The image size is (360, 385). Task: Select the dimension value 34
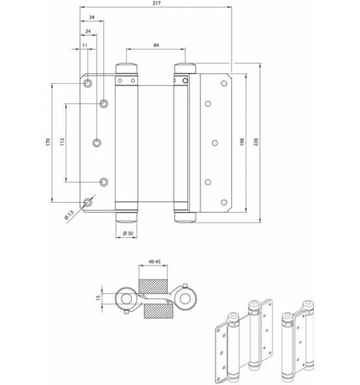point(92,17)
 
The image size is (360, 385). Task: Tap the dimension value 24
point(88,31)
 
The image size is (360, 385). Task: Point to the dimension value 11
point(84,45)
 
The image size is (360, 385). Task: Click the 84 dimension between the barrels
point(156,45)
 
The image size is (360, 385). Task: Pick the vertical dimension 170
point(48,142)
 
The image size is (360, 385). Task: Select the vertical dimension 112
point(62,142)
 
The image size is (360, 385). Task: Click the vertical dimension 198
point(242,142)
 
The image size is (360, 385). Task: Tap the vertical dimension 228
point(256,142)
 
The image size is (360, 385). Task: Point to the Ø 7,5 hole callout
point(69,215)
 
